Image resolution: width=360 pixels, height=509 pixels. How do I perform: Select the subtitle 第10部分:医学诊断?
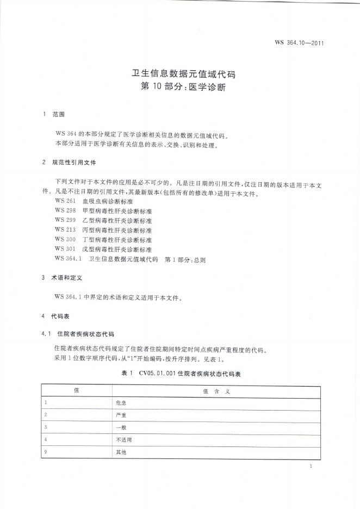click(179, 86)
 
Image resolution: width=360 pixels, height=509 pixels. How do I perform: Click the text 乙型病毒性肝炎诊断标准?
click(117, 221)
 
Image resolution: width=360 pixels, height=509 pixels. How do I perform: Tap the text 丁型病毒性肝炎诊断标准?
click(117, 240)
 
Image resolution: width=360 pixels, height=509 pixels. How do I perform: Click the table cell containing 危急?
click(121, 403)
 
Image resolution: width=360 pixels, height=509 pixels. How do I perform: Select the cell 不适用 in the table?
click(123, 439)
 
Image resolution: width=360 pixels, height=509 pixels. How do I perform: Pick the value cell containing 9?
click(46, 452)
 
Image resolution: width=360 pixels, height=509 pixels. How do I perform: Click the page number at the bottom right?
click(309, 466)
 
